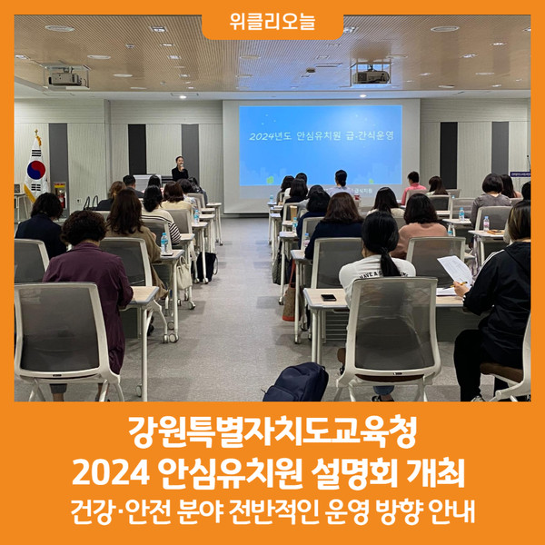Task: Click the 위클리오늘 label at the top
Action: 272,22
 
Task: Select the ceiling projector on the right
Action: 371,75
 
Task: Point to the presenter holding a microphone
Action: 180,168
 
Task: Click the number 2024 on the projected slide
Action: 263,136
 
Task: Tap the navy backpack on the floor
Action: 296,382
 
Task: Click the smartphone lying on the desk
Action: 329,297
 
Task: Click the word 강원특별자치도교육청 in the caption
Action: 272,431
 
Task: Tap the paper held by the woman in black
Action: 455,270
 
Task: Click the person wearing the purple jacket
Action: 90,292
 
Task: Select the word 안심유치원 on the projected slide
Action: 319,136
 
